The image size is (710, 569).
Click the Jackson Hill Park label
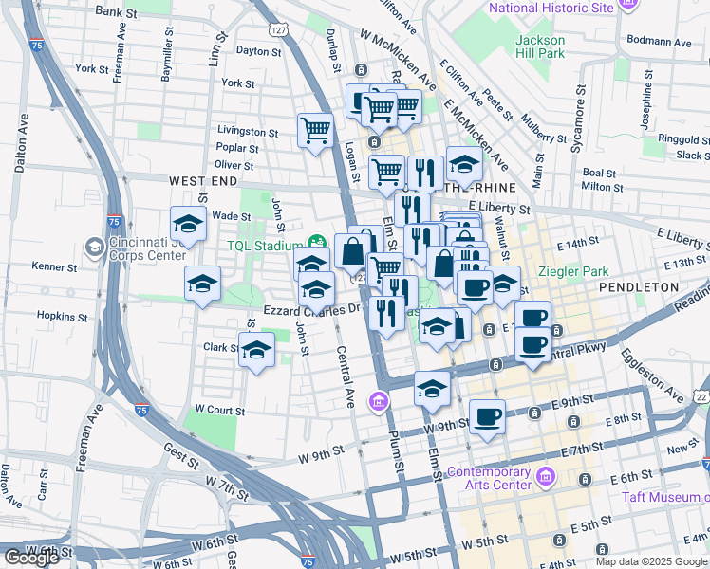pyautogui.click(x=540, y=46)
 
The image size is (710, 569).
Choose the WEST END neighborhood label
pyautogui.click(x=203, y=180)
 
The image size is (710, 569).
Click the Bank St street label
pyautogui.click(x=117, y=12)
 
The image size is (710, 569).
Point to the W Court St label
pyautogui.click(x=219, y=411)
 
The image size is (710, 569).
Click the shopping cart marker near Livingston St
pyautogui.click(x=315, y=130)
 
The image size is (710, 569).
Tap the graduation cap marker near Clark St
pyautogui.click(x=256, y=351)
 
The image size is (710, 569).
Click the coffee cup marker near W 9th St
pyautogui.click(x=487, y=415)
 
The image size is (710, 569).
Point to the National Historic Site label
pyautogui.click(x=551, y=8)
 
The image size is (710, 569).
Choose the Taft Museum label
pyautogui.click(x=664, y=497)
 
